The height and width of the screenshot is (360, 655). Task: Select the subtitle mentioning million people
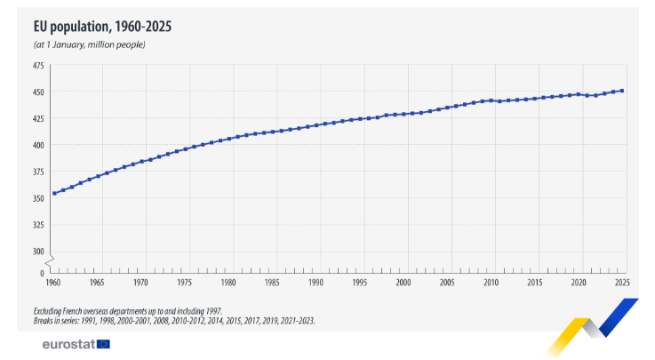[89, 44]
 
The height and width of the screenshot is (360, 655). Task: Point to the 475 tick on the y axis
[37, 66]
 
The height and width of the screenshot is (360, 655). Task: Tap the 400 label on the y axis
[37, 145]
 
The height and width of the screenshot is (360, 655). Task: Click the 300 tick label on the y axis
[37, 251]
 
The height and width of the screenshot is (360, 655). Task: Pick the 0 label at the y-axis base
[41, 273]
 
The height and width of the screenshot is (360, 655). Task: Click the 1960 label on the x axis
[54, 282]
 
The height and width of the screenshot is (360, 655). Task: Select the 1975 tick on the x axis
[185, 282]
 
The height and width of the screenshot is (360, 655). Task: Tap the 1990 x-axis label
[316, 282]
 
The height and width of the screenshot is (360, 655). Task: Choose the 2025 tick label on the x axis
[622, 282]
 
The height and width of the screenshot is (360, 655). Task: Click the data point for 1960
[54, 193]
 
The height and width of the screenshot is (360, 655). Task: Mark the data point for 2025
[622, 91]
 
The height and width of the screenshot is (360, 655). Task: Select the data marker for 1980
[229, 138]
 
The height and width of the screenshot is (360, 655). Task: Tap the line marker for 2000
[403, 114]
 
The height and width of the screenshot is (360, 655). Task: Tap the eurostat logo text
[68, 344]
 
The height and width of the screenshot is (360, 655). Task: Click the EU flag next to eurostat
[104, 344]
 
